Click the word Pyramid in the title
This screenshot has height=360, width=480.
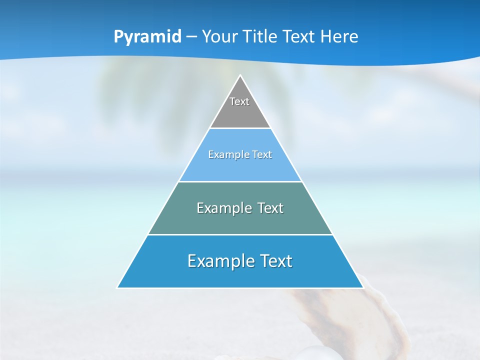(147, 37)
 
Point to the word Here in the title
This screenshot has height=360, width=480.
(339, 37)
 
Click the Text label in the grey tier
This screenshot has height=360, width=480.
(239, 101)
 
